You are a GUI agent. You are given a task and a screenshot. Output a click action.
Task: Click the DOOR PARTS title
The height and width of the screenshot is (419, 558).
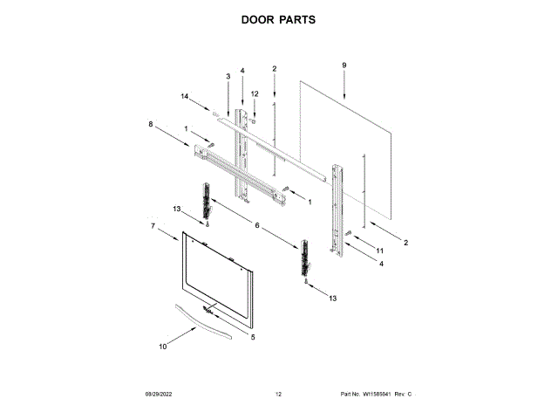pos(278,20)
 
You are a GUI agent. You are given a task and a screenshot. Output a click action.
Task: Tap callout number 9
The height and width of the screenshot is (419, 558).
pos(344,65)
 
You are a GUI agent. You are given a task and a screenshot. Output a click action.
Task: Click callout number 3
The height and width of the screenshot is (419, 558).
pos(228,77)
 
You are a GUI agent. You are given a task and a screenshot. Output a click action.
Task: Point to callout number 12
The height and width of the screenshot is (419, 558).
pos(255,93)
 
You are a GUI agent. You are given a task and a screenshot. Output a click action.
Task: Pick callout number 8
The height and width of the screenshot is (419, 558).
pos(151,125)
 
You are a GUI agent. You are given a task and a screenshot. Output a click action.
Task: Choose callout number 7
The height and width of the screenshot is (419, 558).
pos(153,227)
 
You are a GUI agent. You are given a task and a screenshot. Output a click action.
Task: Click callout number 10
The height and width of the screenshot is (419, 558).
pos(162,347)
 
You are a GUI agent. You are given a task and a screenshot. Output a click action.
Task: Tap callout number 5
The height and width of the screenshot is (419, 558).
pos(253,337)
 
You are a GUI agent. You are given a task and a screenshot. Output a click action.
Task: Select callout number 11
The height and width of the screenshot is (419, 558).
pos(379,251)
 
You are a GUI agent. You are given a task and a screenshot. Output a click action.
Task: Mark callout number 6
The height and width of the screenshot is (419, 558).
pos(257,225)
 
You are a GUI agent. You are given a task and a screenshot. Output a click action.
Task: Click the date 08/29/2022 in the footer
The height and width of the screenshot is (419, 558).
pos(157,395)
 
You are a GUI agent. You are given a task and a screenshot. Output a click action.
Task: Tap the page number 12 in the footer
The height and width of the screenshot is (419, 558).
pos(278,395)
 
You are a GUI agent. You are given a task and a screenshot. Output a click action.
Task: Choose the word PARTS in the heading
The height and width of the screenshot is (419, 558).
pos(298,20)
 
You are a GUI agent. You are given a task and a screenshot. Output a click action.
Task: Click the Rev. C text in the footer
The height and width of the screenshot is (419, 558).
pos(404,395)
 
